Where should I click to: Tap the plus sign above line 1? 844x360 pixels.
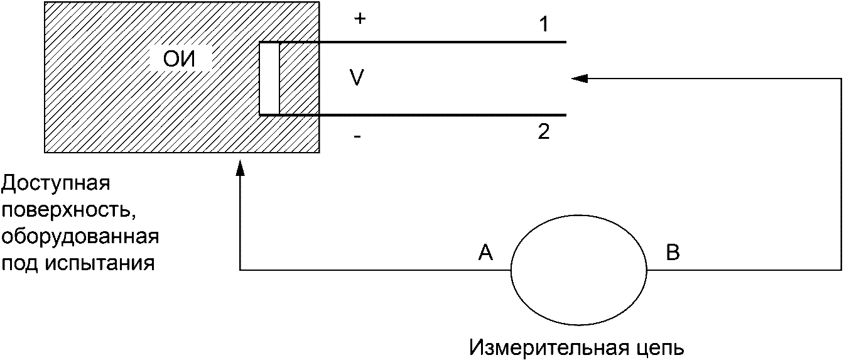(x=359, y=19)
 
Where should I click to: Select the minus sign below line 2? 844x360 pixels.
(x=357, y=136)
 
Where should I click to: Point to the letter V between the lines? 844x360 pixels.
(x=357, y=78)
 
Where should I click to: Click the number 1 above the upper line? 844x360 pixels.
(x=544, y=25)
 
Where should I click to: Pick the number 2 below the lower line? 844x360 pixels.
(x=544, y=131)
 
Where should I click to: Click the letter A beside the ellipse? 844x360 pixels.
(x=485, y=253)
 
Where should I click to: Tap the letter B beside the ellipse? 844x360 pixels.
(x=672, y=253)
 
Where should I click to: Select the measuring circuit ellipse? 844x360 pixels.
(x=578, y=270)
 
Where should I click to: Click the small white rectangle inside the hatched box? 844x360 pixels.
(x=269, y=79)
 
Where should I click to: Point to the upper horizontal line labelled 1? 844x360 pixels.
(x=440, y=42)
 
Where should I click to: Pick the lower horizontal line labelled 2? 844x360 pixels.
(x=440, y=115)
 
